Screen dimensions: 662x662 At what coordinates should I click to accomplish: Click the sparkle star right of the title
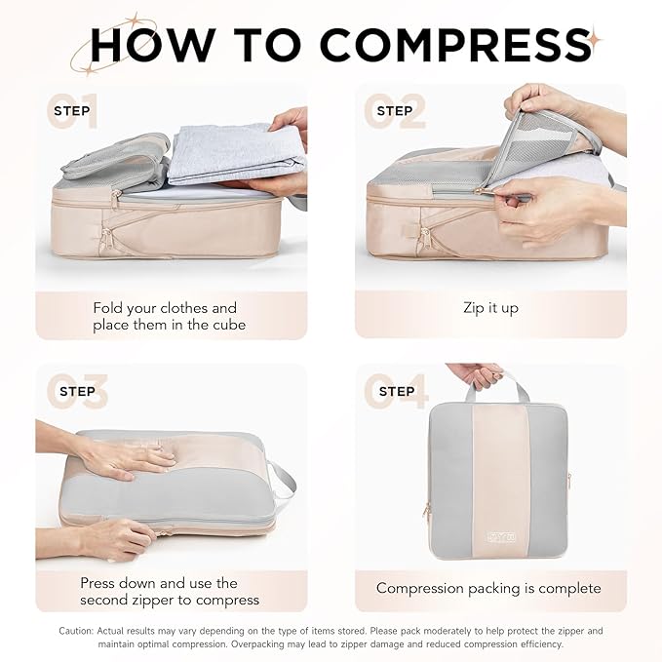click(594, 40)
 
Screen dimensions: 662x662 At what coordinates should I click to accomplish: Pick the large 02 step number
click(395, 111)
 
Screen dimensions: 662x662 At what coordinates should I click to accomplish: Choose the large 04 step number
click(396, 392)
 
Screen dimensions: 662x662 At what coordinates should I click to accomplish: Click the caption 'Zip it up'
click(490, 308)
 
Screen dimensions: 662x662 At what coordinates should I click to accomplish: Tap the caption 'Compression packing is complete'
click(488, 588)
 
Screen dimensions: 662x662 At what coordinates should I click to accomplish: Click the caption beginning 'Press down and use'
click(170, 591)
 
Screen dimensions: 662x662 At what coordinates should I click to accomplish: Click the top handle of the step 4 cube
click(499, 387)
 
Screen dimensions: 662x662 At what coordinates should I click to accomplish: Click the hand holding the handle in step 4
click(477, 373)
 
